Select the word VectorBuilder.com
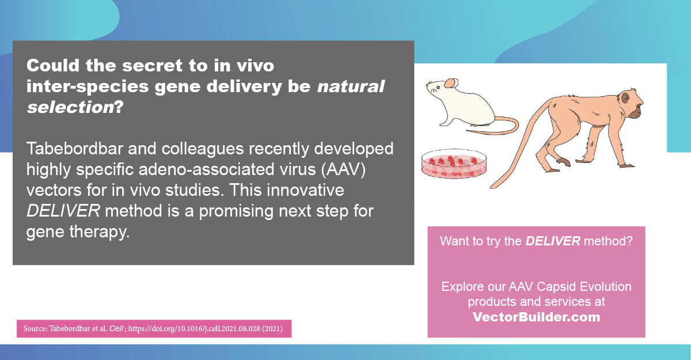tap(536, 317)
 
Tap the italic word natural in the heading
tap(351, 87)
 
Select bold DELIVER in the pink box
tap(552, 241)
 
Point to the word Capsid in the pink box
tap(555, 286)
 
